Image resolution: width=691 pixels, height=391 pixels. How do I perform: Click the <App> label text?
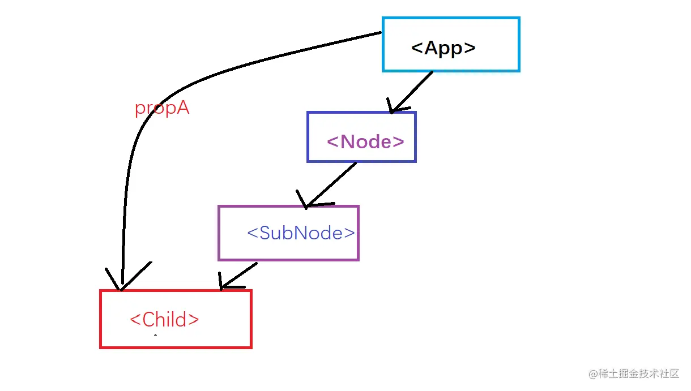443,48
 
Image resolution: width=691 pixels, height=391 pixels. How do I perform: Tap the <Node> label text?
365,141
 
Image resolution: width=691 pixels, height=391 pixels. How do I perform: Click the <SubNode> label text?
301,233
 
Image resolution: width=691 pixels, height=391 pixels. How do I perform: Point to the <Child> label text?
164,320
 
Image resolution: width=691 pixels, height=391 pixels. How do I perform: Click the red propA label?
161,108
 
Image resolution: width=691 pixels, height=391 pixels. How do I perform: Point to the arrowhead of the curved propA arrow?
121,286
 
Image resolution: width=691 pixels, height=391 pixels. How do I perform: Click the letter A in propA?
182,108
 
